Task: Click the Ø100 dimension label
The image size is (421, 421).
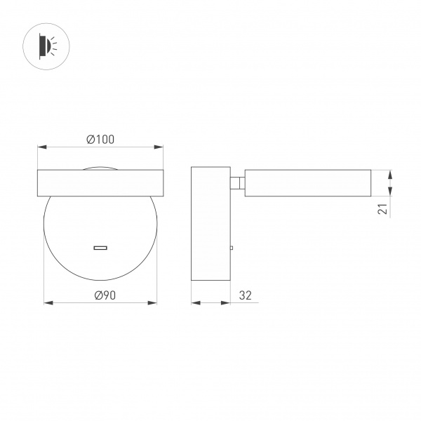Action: tap(100, 140)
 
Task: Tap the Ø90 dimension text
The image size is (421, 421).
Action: tap(100, 295)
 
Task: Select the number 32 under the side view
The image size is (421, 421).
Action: tap(245, 295)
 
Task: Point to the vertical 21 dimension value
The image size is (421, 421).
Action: tap(382, 208)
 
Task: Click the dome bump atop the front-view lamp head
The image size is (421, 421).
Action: tap(100, 168)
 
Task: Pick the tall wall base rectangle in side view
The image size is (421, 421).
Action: tap(210, 225)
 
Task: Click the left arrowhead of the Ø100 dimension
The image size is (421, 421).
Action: tap(41, 147)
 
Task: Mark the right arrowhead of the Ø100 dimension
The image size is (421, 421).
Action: tap(160, 147)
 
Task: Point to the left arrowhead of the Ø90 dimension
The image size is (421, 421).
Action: tap(48, 303)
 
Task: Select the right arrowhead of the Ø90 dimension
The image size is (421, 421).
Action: tap(153, 303)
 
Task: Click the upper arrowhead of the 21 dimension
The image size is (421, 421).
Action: tap(391, 173)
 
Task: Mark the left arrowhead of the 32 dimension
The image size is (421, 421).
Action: tap(195, 303)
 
